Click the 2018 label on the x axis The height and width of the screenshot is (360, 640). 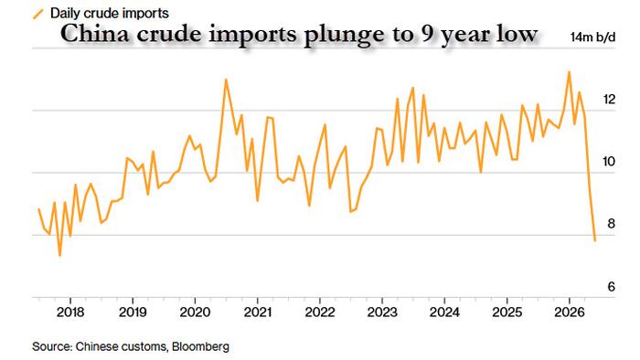(70, 312)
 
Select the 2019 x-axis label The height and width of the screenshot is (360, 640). (133, 312)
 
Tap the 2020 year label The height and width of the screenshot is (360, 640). (195, 312)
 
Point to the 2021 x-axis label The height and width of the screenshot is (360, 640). (258, 312)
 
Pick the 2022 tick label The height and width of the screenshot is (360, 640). (320, 312)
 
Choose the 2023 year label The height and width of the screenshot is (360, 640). (382, 312)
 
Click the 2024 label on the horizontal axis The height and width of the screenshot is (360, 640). (444, 312)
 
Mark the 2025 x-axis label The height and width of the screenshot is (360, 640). (507, 312)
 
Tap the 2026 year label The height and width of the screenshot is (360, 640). (570, 312)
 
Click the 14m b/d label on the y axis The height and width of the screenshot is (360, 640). (592, 37)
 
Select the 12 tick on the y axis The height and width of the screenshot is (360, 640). (609, 99)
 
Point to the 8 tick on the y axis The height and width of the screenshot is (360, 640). (611, 224)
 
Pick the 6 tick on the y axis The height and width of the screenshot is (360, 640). (611, 287)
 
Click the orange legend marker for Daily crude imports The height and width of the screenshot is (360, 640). (38, 15)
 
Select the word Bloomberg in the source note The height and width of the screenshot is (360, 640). (200, 346)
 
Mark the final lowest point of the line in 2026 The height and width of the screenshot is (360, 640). (595, 240)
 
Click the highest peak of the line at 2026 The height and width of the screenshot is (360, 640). (569, 72)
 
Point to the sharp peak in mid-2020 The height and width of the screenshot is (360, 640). (226, 79)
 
